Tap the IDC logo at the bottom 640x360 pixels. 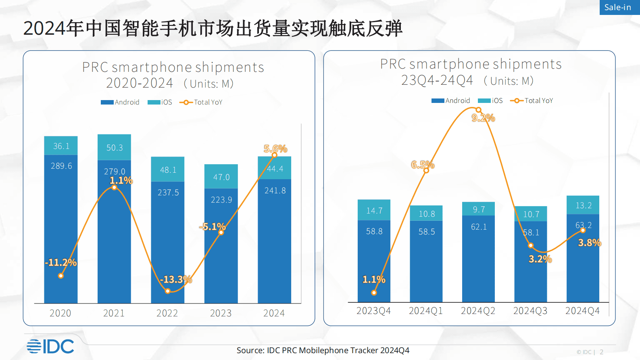[x=50, y=346]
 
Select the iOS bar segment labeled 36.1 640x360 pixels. [x=61, y=146]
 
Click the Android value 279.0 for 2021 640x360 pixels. [x=115, y=172]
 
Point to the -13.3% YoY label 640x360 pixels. [x=176, y=279]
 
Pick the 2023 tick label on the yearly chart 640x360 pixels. [x=221, y=313]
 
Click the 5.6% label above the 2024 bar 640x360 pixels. [x=275, y=149]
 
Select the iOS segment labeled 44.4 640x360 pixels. [x=275, y=169]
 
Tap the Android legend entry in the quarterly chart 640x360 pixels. [x=450, y=100]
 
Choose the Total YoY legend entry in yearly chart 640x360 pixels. [x=201, y=103]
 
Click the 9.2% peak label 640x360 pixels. [x=483, y=118]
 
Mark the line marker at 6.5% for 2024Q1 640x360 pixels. [x=426, y=170]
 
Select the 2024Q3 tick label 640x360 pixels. [x=530, y=311]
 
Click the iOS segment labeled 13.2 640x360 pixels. [x=583, y=205]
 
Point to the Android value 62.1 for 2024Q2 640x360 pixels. [x=479, y=227]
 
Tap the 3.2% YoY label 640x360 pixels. [x=540, y=259]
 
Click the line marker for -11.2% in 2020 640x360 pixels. [x=60, y=276]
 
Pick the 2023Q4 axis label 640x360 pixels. [x=373, y=311]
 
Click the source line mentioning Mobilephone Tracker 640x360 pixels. [x=323, y=350]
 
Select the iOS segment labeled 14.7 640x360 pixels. [x=374, y=210]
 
